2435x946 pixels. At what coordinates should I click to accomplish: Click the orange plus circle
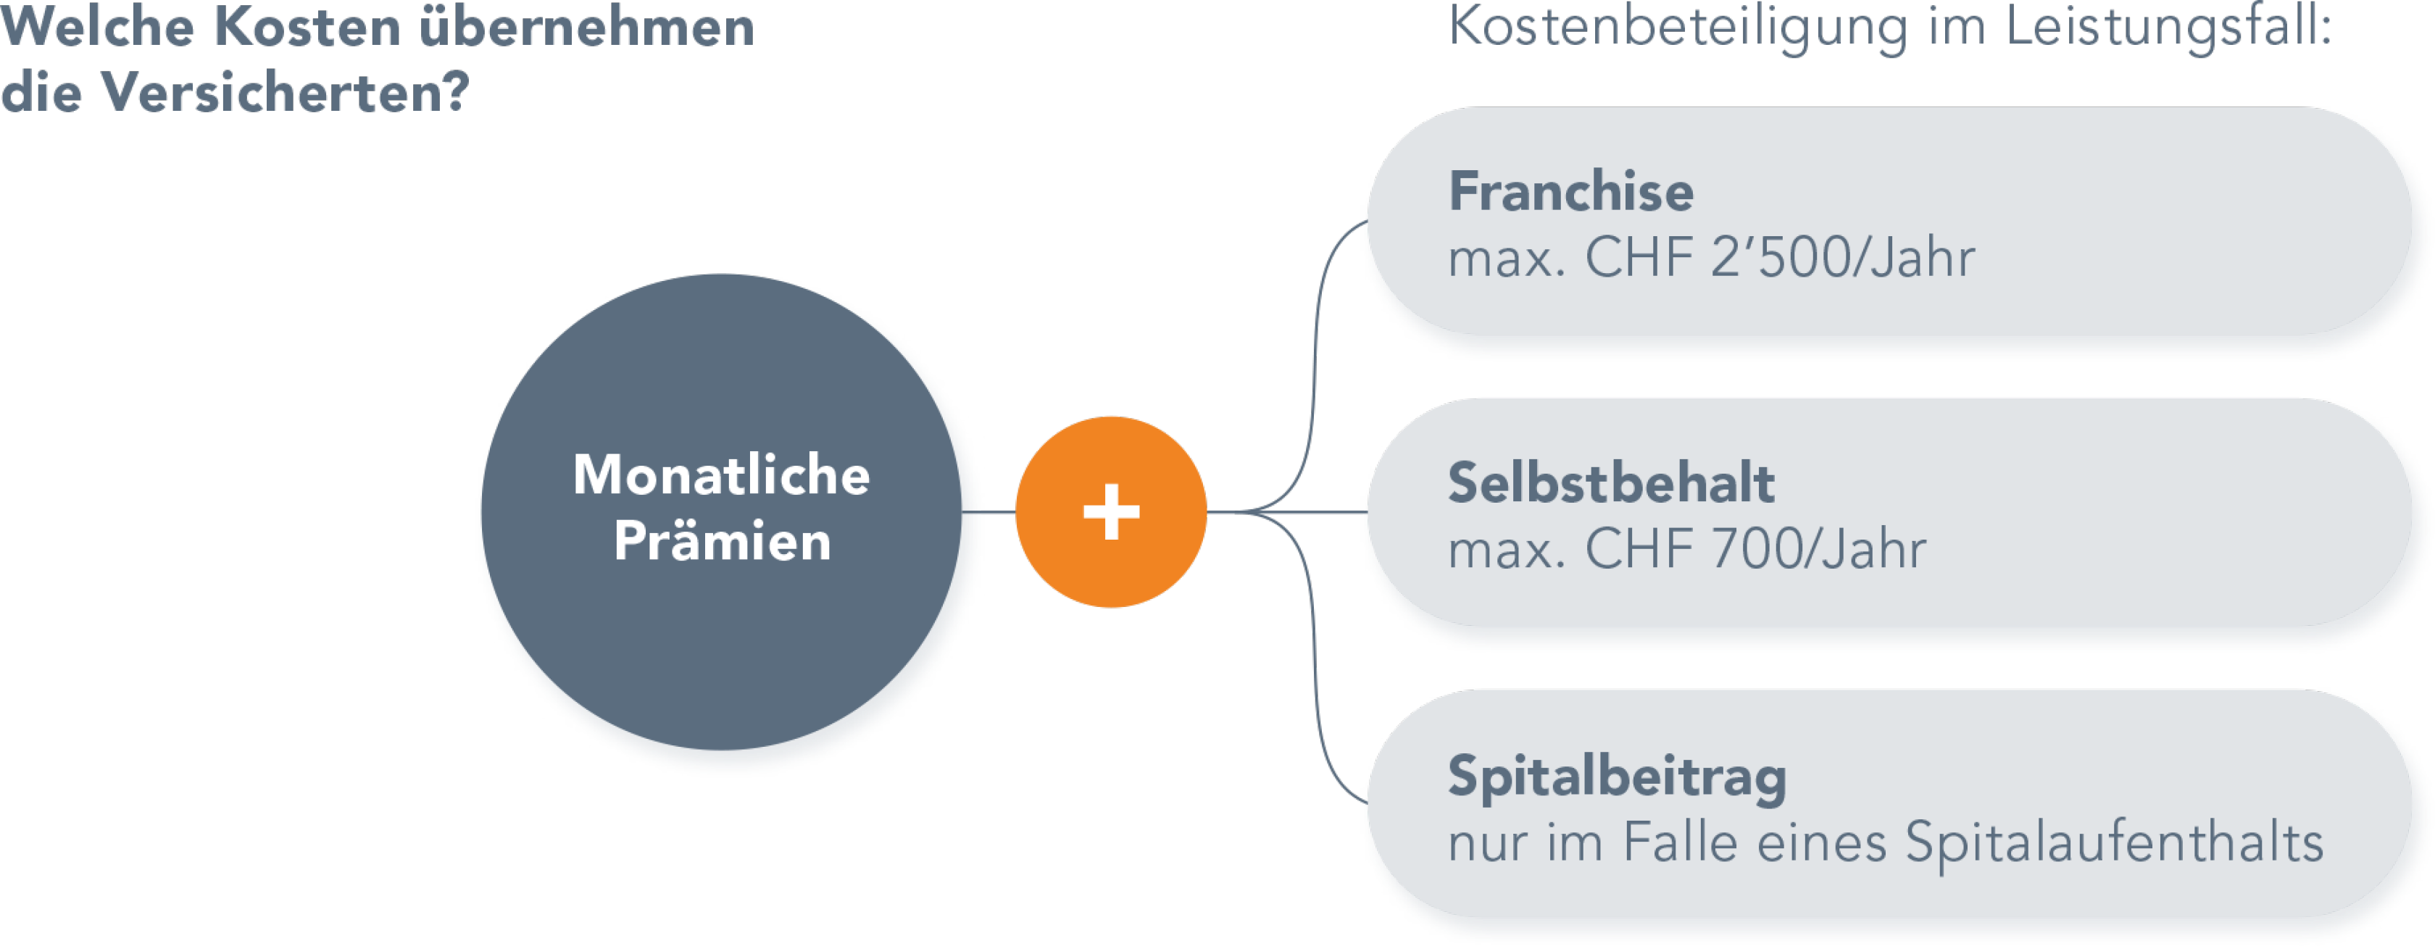[1111, 512]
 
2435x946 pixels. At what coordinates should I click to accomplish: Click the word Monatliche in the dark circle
[721, 475]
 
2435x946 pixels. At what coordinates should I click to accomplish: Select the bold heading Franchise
[1571, 192]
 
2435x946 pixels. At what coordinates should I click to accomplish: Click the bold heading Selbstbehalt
[1611, 483]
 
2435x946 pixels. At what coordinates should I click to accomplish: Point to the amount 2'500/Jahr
[1842, 257]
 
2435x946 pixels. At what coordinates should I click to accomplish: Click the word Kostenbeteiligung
[1678, 27]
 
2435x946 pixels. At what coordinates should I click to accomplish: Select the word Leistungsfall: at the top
[2168, 27]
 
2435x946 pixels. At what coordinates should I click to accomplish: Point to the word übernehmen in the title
[586, 27]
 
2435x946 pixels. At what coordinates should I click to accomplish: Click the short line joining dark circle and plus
[998, 512]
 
